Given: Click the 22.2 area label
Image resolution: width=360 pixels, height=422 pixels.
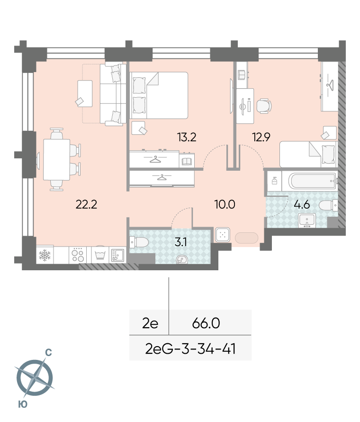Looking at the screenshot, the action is click(86, 204).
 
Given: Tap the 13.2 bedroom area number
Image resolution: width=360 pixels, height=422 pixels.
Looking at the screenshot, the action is click(187, 137).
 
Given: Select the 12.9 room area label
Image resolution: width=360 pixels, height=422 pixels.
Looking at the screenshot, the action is click(261, 137).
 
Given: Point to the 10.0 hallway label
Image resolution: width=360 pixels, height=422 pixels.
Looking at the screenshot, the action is click(225, 204).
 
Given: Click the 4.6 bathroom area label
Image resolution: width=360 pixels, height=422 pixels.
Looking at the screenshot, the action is click(302, 204).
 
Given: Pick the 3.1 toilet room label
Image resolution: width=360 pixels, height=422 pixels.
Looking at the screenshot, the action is click(180, 242).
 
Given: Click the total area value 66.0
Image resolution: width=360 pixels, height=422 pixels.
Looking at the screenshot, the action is click(206, 323).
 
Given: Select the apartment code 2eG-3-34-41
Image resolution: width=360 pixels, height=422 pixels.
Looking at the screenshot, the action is click(190, 349).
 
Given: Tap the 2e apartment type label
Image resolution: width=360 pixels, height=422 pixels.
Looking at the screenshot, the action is click(150, 323).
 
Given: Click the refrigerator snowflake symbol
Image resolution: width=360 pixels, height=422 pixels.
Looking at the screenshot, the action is click(45, 255).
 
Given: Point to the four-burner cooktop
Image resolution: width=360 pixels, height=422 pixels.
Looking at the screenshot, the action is click(78, 255).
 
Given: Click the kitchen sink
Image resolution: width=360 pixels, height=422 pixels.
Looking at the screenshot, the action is click(117, 255).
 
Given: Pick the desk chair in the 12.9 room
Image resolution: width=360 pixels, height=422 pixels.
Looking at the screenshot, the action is click(264, 106).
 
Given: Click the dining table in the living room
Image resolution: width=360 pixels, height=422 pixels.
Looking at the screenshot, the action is click(56, 160).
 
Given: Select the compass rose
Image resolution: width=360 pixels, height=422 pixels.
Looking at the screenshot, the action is click(35, 377).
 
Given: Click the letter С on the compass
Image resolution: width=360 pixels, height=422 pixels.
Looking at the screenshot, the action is click(48, 353).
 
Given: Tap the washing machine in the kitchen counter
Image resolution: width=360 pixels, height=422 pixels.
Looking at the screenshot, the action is click(100, 255).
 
